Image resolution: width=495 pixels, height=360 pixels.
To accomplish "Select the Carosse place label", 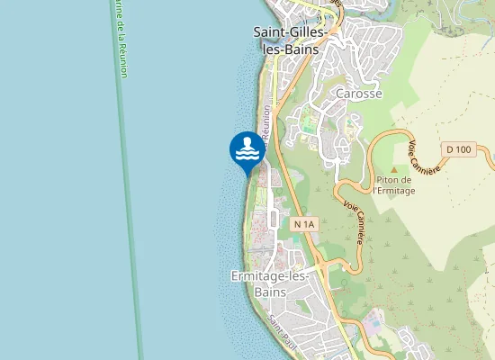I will coord(358,94).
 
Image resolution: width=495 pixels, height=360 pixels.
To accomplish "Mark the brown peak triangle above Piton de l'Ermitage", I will coord(393,168).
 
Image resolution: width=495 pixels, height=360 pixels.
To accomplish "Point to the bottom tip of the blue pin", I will coord(247,173).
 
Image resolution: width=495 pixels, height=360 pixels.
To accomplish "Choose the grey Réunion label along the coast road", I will coord(266,123).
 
